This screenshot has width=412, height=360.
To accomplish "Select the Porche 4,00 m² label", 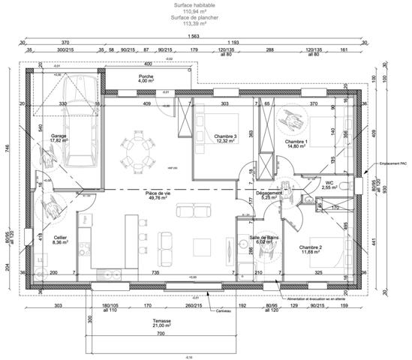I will pyautogui.click(x=146, y=79).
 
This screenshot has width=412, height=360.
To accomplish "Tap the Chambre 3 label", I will pyautogui.click(x=226, y=137).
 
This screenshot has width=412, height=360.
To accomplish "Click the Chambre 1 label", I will pyautogui.click(x=296, y=145).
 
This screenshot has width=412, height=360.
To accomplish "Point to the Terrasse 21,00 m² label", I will pyautogui.click(x=160, y=323).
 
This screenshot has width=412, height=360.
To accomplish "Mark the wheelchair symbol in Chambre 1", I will pyautogui.click(x=287, y=118).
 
